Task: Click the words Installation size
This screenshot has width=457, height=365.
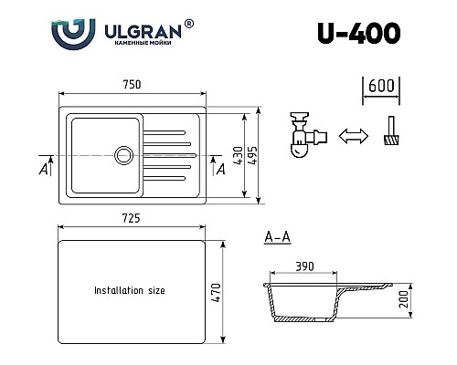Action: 130,291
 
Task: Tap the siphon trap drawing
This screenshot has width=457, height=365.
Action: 305,134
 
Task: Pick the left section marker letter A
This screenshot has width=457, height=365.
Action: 44,168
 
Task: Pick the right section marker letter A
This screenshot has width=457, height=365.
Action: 218,168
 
